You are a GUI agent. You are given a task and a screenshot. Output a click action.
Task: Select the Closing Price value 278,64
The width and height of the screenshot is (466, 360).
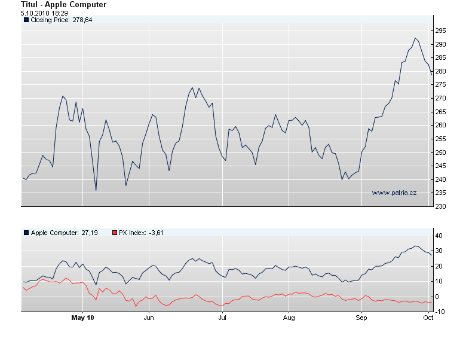point(82,20)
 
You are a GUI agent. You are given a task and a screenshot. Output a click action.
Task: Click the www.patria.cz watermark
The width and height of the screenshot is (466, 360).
point(394,193)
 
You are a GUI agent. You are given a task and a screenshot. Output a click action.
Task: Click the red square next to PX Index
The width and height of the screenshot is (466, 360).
point(115,232)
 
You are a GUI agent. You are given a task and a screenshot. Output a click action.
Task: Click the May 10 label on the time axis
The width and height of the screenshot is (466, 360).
point(82,318)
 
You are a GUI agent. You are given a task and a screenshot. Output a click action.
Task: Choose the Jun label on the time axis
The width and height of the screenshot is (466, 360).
point(149,318)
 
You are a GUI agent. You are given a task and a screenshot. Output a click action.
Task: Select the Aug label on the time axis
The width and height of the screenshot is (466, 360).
point(289,318)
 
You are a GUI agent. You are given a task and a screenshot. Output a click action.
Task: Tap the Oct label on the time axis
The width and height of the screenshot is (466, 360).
point(428,318)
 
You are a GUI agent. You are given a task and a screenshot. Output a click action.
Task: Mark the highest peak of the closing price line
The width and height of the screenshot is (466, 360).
point(415,38)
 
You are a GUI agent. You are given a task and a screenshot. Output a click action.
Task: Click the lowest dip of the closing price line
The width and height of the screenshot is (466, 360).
point(96,190)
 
